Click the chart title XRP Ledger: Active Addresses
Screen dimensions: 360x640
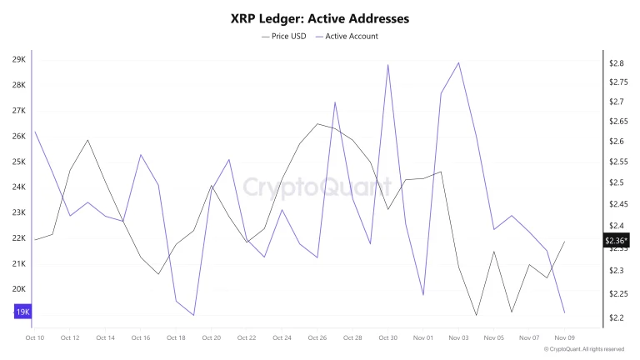(x=319, y=17)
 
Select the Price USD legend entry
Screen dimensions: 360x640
(x=284, y=36)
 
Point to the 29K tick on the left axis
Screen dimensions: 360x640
(x=18, y=60)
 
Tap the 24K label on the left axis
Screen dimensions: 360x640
(x=18, y=187)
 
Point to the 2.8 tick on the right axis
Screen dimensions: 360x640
(x=617, y=63)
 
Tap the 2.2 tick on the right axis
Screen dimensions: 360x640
(x=617, y=318)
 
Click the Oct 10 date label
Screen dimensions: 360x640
(x=35, y=337)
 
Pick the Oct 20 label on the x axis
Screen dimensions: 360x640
(x=212, y=337)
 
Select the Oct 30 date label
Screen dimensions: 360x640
(x=387, y=337)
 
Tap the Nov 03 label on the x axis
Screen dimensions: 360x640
(x=458, y=337)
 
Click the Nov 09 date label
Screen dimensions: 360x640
(x=565, y=337)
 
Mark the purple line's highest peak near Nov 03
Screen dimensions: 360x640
(x=459, y=62)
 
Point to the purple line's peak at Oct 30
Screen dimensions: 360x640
(x=388, y=65)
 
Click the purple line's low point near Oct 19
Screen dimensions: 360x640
(x=193, y=315)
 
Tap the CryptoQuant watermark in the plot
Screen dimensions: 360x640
(x=317, y=186)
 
